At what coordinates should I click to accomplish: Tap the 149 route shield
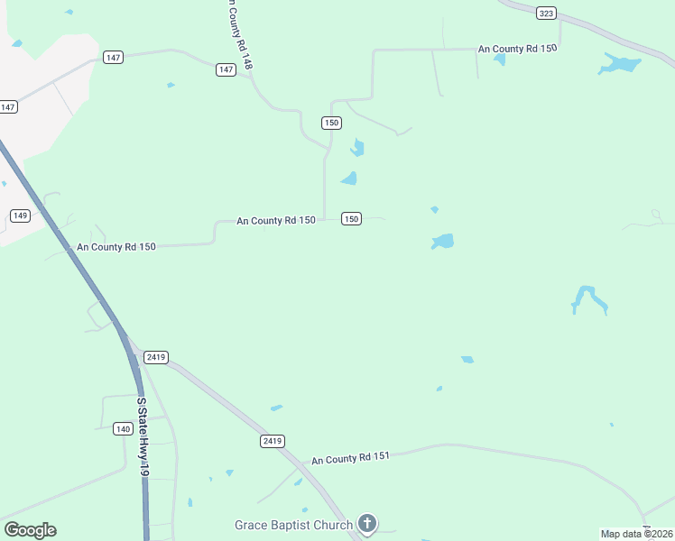click(x=20, y=215)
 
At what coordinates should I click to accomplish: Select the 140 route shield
click(x=124, y=428)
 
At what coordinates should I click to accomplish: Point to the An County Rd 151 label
click(x=350, y=459)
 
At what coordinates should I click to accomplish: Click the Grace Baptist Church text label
click(x=293, y=524)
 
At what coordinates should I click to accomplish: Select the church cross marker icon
click(x=366, y=522)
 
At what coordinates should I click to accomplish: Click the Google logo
click(x=30, y=529)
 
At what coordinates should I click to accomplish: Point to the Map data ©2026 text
click(x=637, y=533)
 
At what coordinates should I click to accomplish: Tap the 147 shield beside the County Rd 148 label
click(x=227, y=69)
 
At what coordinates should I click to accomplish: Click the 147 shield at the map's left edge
click(x=8, y=106)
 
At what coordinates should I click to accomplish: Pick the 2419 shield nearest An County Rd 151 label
click(x=273, y=441)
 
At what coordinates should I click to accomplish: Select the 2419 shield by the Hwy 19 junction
click(x=155, y=357)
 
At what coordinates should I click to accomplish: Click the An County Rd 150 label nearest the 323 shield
click(x=517, y=48)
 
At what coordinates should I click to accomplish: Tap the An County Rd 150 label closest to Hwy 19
click(x=116, y=246)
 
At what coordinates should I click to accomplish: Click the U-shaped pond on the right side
click(x=589, y=300)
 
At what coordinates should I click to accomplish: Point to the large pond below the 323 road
click(x=620, y=64)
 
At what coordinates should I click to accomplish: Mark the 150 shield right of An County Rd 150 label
click(x=352, y=219)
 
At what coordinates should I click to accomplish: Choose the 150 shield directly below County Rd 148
click(x=331, y=123)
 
